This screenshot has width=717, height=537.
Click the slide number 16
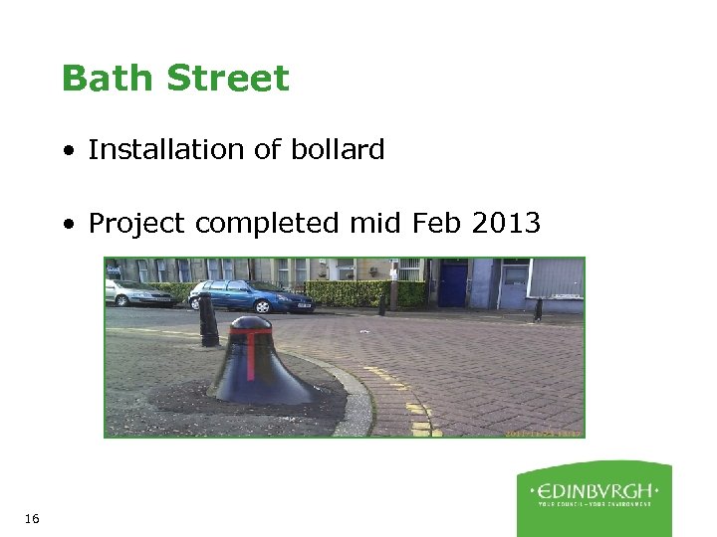[31, 518]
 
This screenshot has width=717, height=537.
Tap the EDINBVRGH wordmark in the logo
[595, 490]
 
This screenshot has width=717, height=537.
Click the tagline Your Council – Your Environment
[595, 504]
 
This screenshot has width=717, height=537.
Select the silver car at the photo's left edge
[135, 293]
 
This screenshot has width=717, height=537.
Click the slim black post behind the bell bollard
[208, 320]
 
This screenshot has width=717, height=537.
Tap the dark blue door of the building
[454, 284]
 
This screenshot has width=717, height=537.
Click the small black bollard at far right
[538, 308]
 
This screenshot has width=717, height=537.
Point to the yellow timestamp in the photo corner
[544, 433]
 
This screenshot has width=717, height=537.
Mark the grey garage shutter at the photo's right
[556, 278]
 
